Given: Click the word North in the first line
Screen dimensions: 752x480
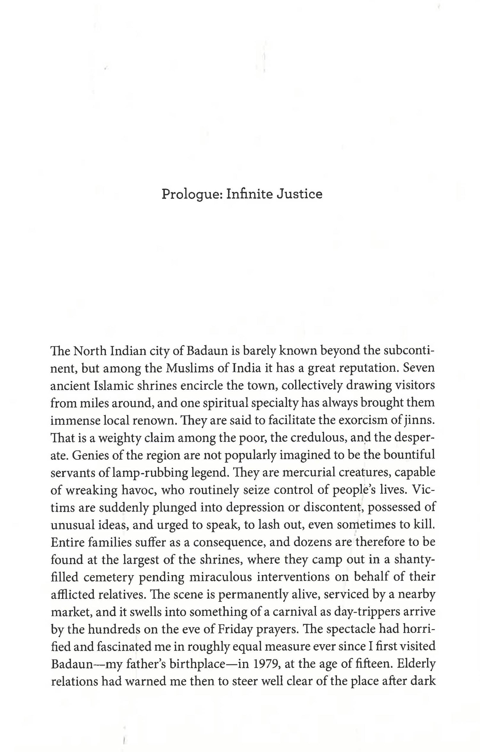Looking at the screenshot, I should point(90,351).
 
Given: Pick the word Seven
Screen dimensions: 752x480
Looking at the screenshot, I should point(419,368).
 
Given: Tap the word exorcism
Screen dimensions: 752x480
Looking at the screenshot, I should point(362,420).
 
